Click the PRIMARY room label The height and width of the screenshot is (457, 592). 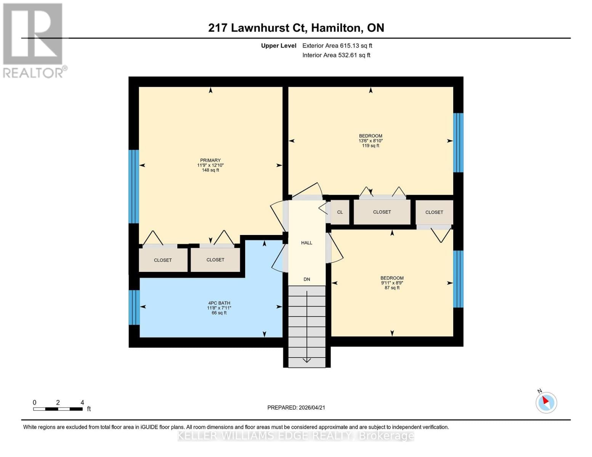click(x=210, y=160)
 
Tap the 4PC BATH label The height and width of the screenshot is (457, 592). click(x=219, y=303)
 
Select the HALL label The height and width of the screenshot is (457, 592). click(x=306, y=243)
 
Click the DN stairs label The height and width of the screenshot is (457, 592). click(x=306, y=279)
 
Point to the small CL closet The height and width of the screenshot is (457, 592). click(x=340, y=212)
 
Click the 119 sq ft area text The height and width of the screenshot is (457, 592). click(x=370, y=146)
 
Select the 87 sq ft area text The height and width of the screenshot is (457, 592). click(x=392, y=288)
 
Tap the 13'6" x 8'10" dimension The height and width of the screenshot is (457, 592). click(x=370, y=141)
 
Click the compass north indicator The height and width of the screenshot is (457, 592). click(x=546, y=402)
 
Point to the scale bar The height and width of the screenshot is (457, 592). click(x=58, y=409)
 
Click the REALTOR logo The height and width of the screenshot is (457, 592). click(x=34, y=40)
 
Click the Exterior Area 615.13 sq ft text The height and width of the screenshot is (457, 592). click(x=337, y=46)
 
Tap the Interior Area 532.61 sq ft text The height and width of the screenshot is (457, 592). click(x=336, y=55)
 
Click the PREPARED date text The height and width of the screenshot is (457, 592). click(x=296, y=407)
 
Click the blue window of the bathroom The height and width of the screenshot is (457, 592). click(x=134, y=307)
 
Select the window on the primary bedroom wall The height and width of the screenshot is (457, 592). click(x=133, y=186)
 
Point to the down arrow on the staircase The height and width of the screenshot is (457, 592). click(x=306, y=360)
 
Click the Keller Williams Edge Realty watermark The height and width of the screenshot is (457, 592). click(x=296, y=436)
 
